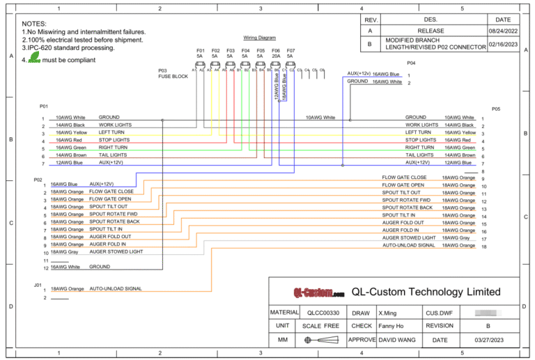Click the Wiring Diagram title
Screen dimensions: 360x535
[x=260, y=38]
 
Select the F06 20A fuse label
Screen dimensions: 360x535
[x=276, y=53]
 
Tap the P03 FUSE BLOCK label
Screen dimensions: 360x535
[x=173, y=74]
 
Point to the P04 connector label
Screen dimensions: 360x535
[x=411, y=62]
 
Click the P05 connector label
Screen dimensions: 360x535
[x=495, y=109]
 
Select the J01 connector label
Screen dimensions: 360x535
[x=38, y=285]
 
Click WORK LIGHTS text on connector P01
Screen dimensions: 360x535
[x=115, y=125]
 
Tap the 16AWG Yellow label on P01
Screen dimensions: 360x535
[x=71, y=133]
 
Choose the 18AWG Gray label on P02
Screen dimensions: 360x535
[x=65, y=251]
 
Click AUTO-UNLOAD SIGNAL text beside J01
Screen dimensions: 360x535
[x=116, y=288]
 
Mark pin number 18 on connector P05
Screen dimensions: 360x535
[x=483, y=246]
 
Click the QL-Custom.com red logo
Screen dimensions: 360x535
[x=318, y=292]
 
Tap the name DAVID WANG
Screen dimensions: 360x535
[x=398, y=340]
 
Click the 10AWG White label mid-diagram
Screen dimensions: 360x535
[x=320, y=118]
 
